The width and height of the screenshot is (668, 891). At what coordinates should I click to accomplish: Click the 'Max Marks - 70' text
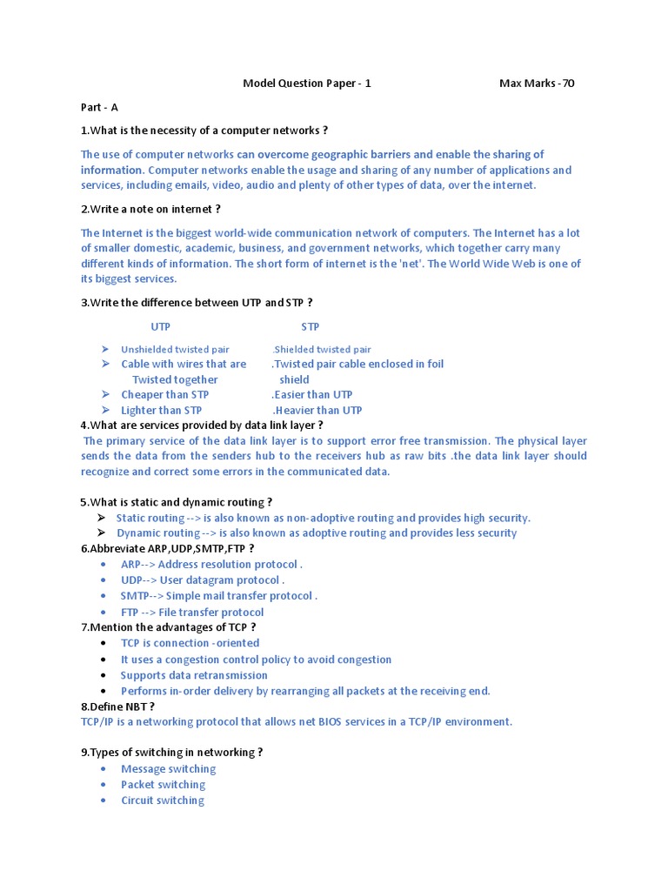tap(536, 84)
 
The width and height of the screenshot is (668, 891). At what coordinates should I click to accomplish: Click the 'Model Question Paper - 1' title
tap(306, 84)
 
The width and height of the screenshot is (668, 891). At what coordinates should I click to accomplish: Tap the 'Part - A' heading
tap(99, 107)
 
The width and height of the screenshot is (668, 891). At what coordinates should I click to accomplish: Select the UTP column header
tap(161, 327)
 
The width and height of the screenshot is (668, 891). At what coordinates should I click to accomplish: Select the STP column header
tap(311, 327)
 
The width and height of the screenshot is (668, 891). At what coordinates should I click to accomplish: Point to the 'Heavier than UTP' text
tap(317, 411)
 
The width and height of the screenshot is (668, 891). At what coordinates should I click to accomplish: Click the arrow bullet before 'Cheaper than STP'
tap(104, 395)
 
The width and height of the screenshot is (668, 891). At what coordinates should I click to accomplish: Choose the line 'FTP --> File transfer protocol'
tap(192, 613)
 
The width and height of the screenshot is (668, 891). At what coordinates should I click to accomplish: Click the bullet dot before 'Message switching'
tap(104, 769)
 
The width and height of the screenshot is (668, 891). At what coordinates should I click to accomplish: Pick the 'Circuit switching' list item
tap(163, 801)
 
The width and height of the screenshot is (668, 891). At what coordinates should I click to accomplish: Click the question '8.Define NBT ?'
tap(117, 707)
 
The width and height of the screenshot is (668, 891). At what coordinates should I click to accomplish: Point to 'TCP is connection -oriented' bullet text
tap(190, 644)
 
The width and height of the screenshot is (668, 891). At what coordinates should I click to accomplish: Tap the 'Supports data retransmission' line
tap(194, 675)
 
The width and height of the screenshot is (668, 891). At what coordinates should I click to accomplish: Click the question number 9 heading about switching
tap(171, 753)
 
